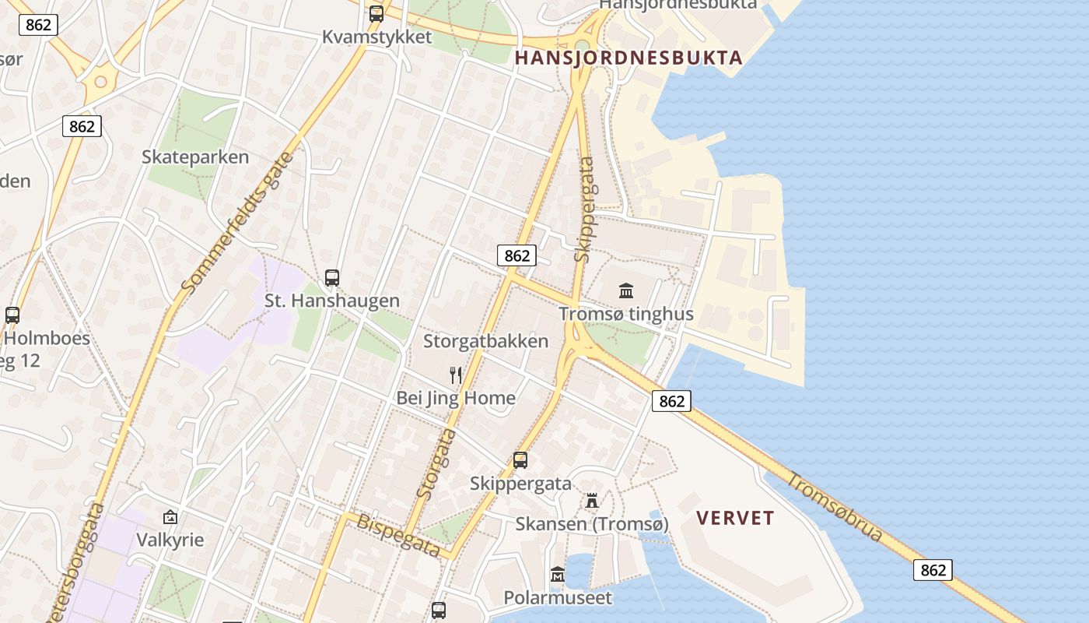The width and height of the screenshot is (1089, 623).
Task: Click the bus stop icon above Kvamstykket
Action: click(x=376, y=13)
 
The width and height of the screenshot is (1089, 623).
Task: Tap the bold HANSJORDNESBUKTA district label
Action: click(x=629, y=58)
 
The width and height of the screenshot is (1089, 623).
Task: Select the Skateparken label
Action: click(x=195, y=157)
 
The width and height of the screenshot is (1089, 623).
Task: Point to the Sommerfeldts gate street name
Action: click(x=238, y=222)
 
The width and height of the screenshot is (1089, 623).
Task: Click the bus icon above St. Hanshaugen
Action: click(x=332, y=277)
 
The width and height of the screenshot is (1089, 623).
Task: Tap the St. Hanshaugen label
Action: click(x=332, y=301)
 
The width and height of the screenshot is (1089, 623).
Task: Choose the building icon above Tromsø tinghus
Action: click(x=626, y=291)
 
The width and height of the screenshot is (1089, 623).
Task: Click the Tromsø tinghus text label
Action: click(x=626, y=315)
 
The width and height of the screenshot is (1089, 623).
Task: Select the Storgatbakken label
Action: click(x=485, y=341)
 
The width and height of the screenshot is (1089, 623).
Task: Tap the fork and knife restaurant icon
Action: click(x=456, y=375)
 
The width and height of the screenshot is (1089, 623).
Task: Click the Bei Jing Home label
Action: click(x=456, y=398)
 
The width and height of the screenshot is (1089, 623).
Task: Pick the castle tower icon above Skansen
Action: click(x=592, y=500)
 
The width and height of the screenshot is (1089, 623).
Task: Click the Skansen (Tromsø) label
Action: click(x=592, y=524)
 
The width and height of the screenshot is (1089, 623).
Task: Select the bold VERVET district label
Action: click(x=735, y=519)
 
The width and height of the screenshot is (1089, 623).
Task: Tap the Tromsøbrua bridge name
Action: click(x=835, y=507)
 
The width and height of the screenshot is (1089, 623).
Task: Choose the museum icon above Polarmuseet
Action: click(x=558, y=575)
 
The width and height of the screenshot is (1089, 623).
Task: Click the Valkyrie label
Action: click(x=170, y=540)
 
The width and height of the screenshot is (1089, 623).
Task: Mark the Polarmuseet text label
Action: click(x=558, y=598)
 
